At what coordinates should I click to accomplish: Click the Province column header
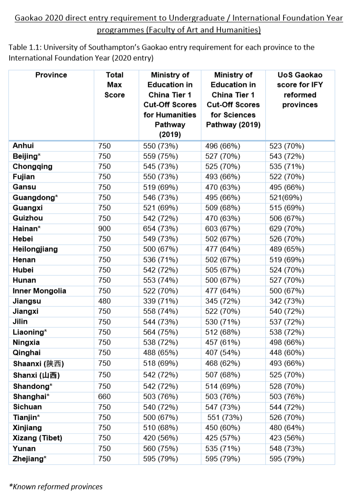click(51, 75)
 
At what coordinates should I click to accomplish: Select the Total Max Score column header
click(115, 85)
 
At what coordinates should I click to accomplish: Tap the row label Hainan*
click(28, 229)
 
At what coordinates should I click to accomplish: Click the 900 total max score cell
click(104, 229)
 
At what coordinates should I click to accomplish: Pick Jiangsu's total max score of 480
click(104, 301)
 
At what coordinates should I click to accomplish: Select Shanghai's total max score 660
click(104, 397)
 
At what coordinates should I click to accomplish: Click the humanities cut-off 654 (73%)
click(160, 229)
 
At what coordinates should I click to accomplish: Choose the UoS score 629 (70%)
click(287, 229)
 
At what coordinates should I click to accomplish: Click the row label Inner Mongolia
click(40, 291)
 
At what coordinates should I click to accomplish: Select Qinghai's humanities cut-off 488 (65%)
click(160, 353)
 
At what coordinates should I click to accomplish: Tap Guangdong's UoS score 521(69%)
click(286, 198)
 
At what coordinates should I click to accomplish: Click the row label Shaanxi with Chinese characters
click(39, 364)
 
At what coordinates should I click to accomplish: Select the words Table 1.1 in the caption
click(25, 48)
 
